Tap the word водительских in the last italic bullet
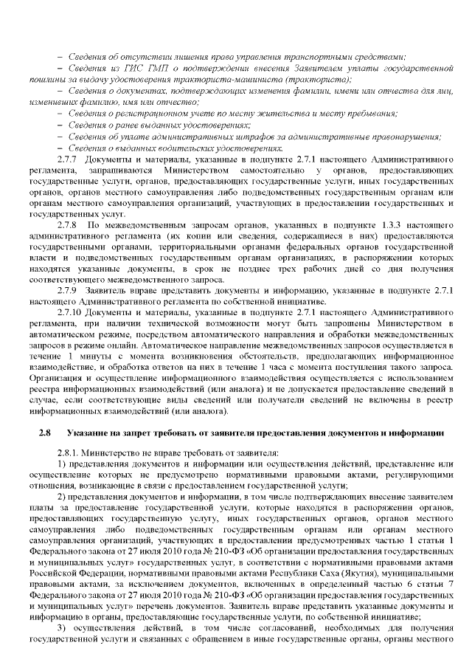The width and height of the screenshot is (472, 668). (167, 148)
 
